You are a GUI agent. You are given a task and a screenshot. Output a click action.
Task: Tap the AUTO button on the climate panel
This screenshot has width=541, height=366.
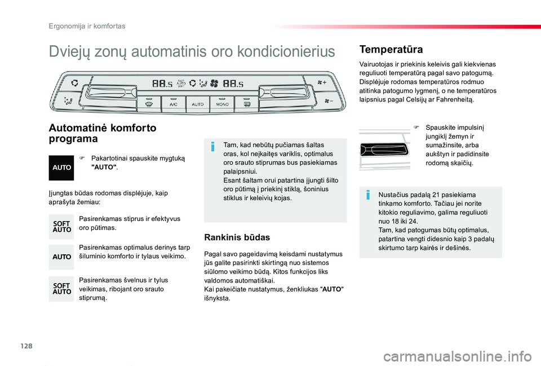point(198,104)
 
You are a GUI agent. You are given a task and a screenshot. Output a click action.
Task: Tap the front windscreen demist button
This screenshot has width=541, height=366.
point(149,104)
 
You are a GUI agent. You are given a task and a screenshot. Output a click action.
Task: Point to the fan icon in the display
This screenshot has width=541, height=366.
point(214,83)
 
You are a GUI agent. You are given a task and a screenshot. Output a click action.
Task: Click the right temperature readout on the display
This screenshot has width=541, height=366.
point(233,84)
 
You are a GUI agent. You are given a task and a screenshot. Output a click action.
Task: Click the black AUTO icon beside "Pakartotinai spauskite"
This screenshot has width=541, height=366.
point(61,167)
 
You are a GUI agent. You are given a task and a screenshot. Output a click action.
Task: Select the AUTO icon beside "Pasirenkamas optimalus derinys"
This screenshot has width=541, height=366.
point(61,257)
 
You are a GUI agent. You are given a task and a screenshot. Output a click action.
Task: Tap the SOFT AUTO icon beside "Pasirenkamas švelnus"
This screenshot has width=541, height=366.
point(61,289)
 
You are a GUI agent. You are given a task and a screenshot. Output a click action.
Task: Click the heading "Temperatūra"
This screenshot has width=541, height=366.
point(391,50)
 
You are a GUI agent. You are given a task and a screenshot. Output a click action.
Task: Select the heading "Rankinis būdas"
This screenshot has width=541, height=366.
point(237,237)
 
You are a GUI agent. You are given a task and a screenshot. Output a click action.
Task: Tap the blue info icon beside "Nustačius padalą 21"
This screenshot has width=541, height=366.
point(367,195)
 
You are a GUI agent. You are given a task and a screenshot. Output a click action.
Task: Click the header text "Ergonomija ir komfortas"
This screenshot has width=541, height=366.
point(86,26)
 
